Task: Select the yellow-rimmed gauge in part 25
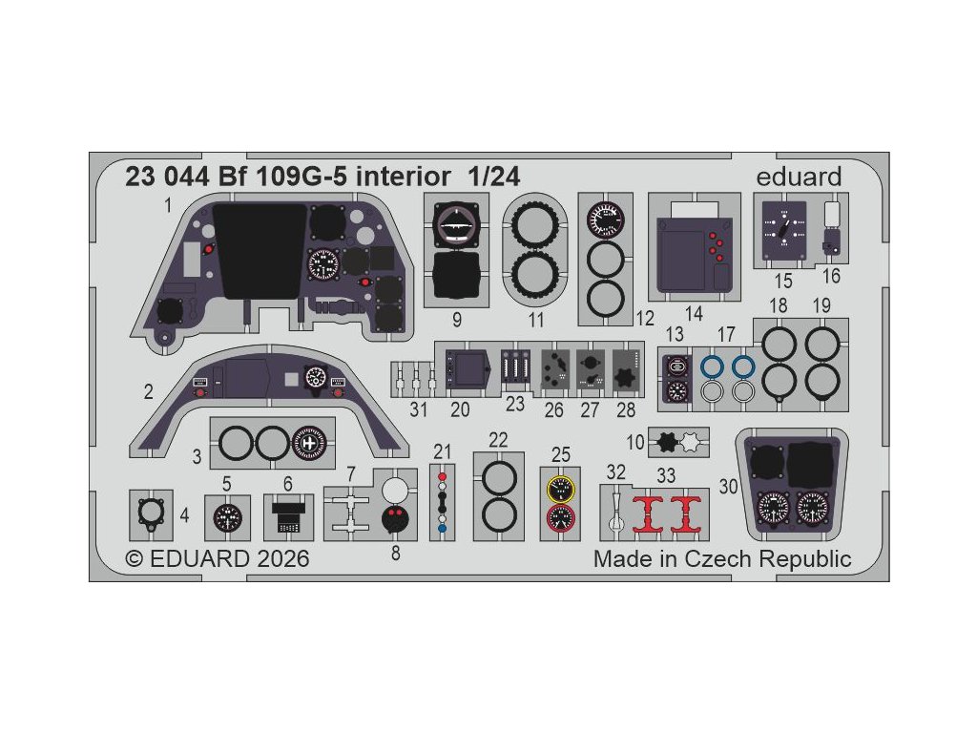click(x=558, y=490)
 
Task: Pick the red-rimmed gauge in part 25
click(x=558, y=519)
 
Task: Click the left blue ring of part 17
click(x=712, y=366)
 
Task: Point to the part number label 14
click(x=693, y=313)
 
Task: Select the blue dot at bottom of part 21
click(x=441, y=527)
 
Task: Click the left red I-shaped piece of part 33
click(x=649, y=514)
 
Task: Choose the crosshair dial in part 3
click(x=308, y=444)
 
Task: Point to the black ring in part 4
click(x=150, y=513)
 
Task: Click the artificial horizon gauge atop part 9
click(x=456, y=226)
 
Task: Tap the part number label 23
click(x=515, y=404)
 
